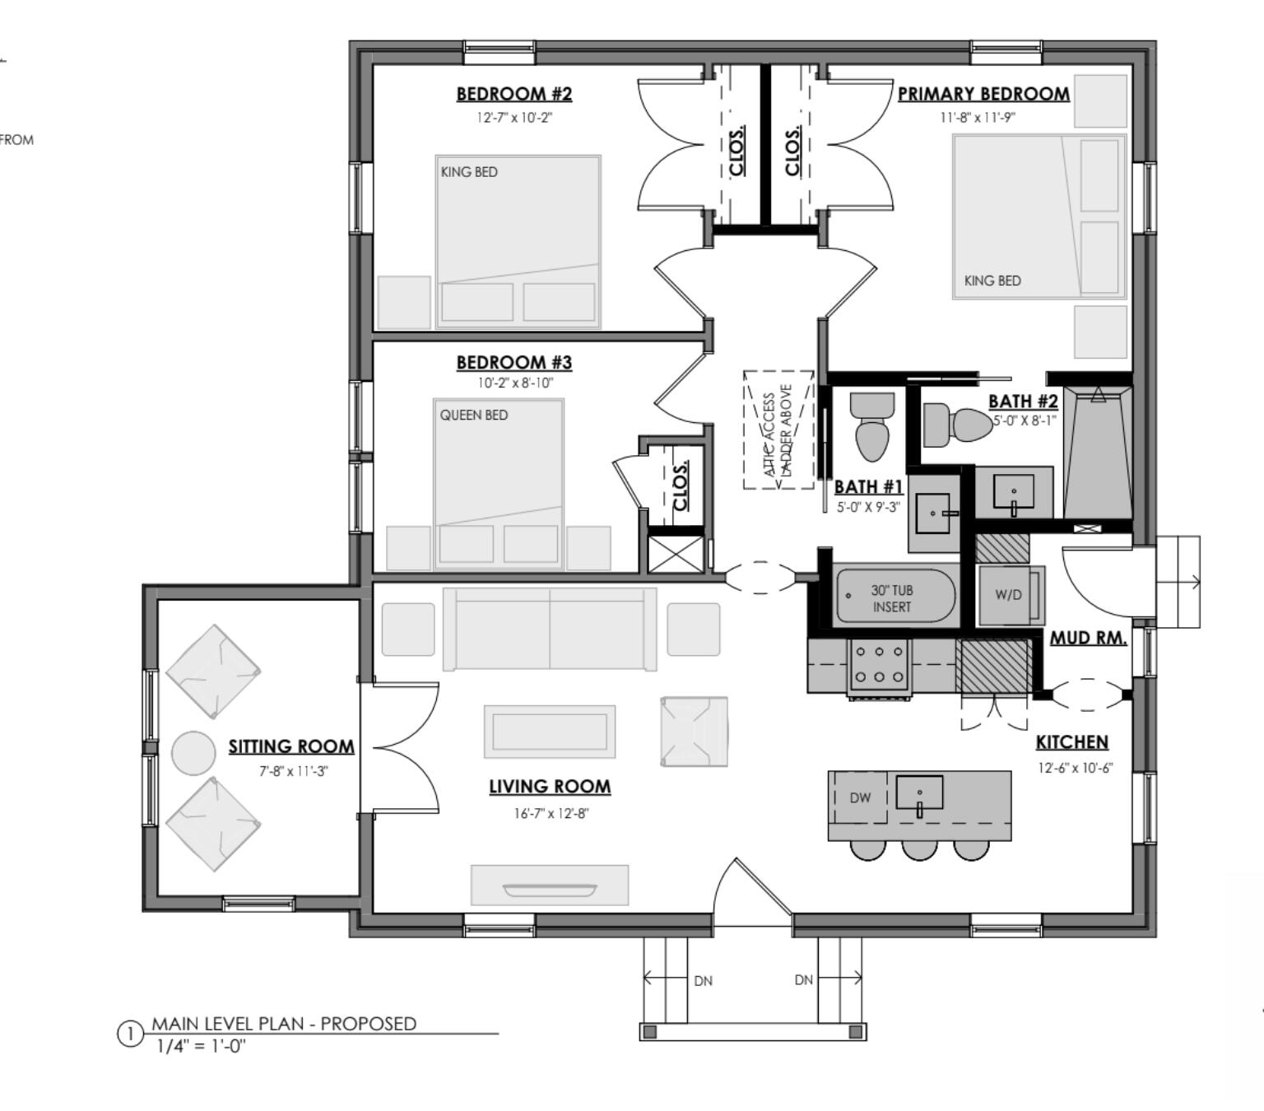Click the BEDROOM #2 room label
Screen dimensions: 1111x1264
click(x=513, y=94)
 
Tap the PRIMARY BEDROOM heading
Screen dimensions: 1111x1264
click(x=983, y=94)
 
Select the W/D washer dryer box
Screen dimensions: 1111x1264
click(x=1010, y=594)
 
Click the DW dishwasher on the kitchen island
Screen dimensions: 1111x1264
click(x=860, y=797)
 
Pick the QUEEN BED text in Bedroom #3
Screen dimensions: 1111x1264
click(x=473, y=415)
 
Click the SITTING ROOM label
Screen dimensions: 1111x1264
click(x=291, y=746)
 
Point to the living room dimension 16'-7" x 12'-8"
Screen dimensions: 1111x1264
click(x=551, y=814)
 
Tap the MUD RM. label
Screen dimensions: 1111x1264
click(x=1088, y=638)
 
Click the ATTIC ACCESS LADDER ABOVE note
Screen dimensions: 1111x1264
click(x=778, y=430)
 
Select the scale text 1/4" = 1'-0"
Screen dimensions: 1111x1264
click(x=201, y=1046)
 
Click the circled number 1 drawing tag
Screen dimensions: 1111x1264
click(x=130, y=1034)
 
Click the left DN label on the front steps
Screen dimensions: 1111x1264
click(x=703, y=980)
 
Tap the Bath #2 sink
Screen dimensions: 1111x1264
click(x=1013, y=493)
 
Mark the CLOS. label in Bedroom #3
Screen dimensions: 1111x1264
click(x=680, y=485)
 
